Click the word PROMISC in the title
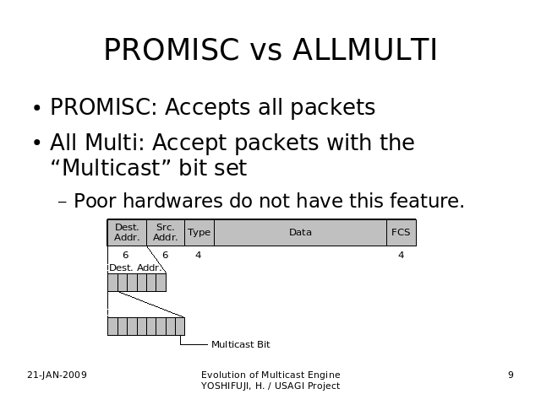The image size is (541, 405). click(172, 50)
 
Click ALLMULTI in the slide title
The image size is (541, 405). click(365, 50)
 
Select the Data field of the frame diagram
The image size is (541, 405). click(301, 233)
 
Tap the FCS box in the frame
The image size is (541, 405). click(402, 233)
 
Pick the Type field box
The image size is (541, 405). click(199, 233)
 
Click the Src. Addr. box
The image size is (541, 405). click(166, 233)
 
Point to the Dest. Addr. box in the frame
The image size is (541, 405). click(127, 233)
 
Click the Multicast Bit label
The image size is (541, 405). click(241, 344)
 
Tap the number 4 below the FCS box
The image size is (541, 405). click(401, 255)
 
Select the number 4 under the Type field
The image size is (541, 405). click(198, 255)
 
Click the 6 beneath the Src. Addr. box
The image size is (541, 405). click(166, 255)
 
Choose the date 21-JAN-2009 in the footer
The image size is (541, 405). click(57, 375)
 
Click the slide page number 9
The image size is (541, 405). click(511, 375)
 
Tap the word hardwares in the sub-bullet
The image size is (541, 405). click(172, 201)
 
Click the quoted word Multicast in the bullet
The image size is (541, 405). click(111, 168)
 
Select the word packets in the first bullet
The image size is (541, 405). click(332, 108)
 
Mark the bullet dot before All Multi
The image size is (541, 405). click(37, 143)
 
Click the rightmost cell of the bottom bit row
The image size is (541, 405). click(180, 327)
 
